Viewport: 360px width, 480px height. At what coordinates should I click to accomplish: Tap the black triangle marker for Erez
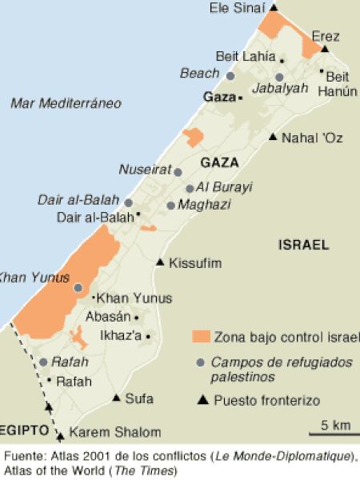tap(326, 49)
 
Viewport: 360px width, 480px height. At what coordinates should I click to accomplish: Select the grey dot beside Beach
tap(230, 76)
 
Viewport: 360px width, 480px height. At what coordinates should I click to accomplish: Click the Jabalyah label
tap(280, 88)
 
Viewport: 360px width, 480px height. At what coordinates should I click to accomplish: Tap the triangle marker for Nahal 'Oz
tap(273, 138)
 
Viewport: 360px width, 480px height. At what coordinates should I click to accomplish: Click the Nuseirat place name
tap(145, 169)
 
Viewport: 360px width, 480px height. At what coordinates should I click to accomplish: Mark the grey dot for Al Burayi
tap(190, 189)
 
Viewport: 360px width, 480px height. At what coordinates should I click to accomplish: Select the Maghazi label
tap(205, 205)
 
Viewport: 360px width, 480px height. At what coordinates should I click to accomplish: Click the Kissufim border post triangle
tap(160, 262)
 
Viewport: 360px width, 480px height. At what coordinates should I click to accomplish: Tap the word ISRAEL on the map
tap(303, 245)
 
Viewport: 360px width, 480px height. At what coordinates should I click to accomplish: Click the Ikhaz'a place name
tap(119, 335)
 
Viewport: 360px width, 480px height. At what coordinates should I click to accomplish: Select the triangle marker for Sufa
tap(117, 398)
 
